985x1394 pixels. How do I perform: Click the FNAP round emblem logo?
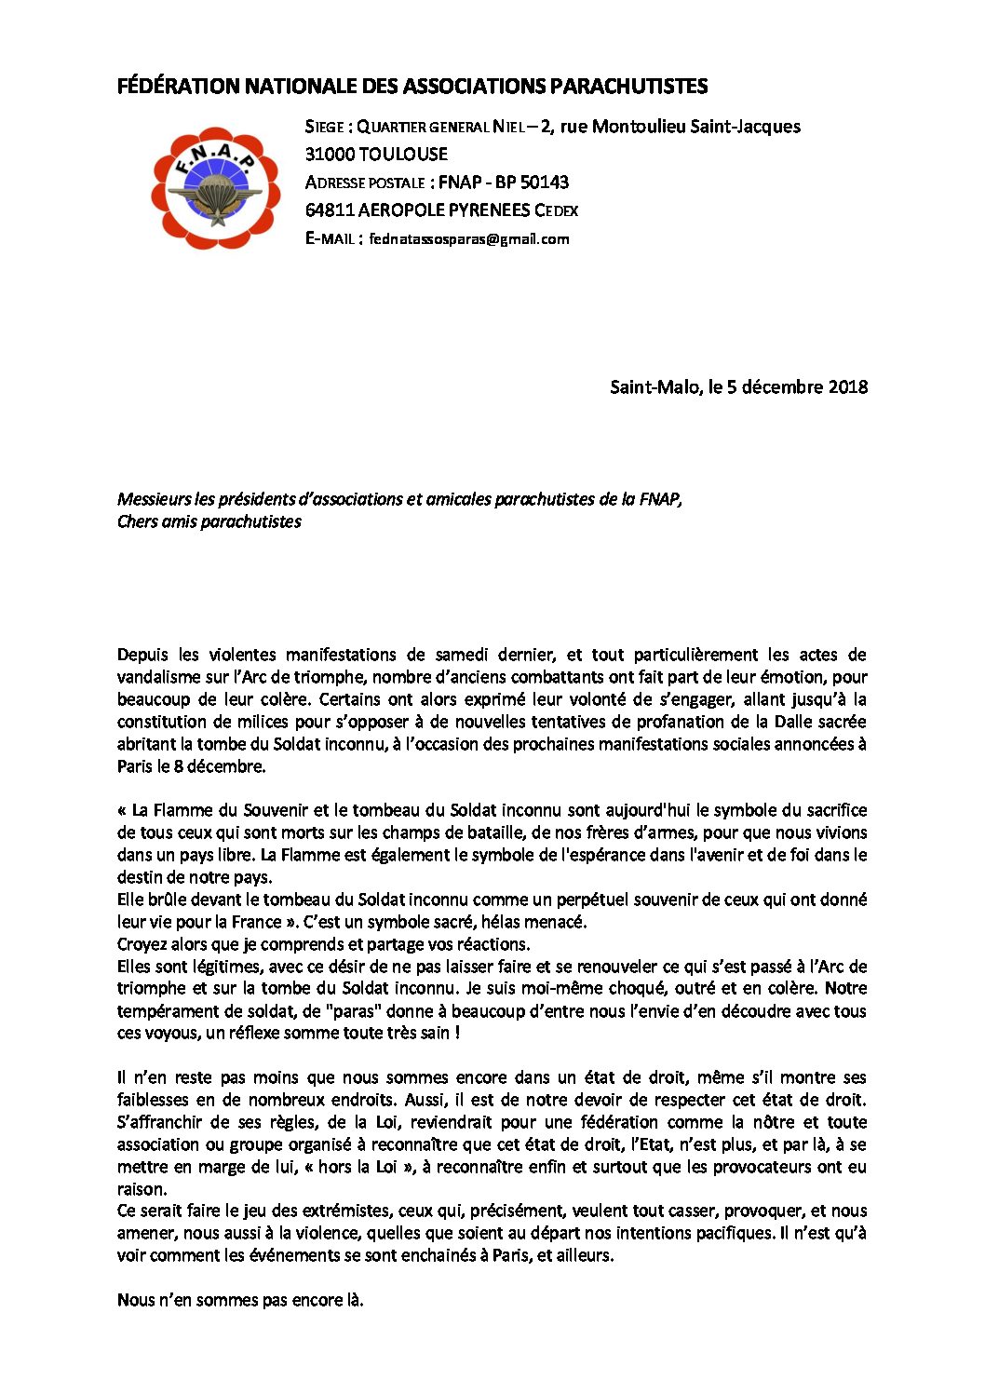[x=215, y=189]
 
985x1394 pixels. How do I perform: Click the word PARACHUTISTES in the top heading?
[x=628, y=87]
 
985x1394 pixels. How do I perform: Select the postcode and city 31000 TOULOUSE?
[x=376, y=155]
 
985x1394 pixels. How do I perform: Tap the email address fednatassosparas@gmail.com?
[x=468, y=239]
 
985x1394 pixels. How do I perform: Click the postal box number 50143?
[x=544, y=183]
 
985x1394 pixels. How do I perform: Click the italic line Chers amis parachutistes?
[x=209, y=521]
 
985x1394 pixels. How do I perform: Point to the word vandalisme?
[x=159, y=677]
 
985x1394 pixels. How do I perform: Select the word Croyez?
[x=142, y=944]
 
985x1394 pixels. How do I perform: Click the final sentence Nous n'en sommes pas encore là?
[x=240, y=1300]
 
